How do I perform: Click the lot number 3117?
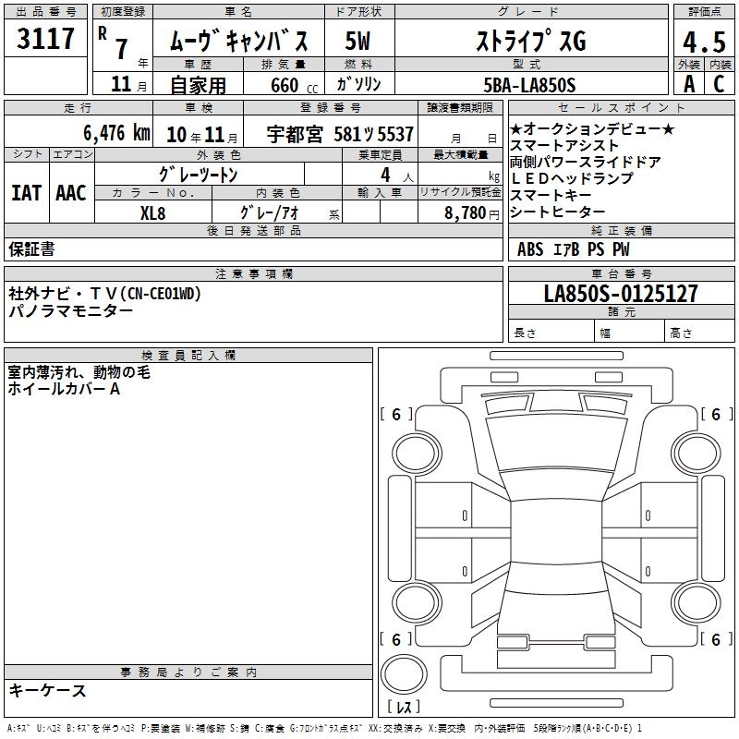(45, 39)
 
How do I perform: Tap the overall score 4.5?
(704, 42)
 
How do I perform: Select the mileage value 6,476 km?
(117, 133)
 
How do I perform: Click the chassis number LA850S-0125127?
(621, 293)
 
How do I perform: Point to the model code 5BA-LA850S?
(529, 85)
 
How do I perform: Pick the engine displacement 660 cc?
(294, 85)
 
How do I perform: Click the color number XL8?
(152, 213)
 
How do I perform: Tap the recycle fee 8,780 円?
(472, 213)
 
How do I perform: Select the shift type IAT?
(27, 193)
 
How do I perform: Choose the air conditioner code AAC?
(71, 193)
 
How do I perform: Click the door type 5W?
(357, 41)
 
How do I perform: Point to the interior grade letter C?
(719, 84)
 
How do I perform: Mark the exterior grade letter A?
(689, 84)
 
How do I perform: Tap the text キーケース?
(48, 690)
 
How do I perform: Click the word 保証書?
(31, 249)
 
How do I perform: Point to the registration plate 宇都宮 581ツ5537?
(340, 134)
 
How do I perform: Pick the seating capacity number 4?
(385, 175)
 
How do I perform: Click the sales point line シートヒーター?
(557, 212)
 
